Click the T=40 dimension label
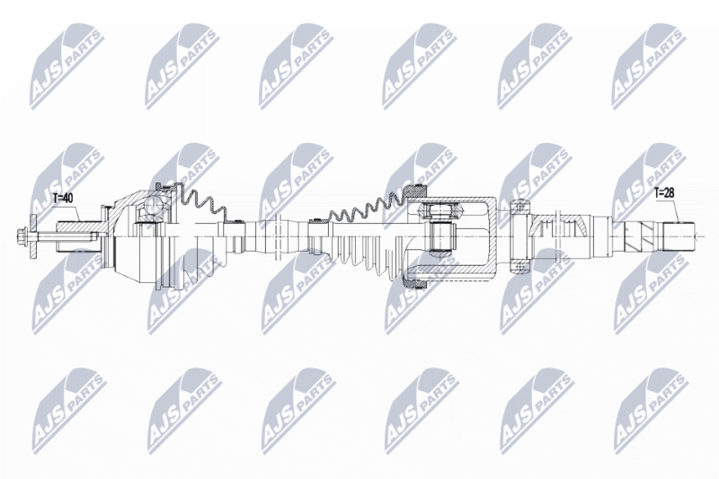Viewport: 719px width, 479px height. (x=63, y=198)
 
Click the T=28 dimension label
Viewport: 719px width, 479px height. (x=664, y=193)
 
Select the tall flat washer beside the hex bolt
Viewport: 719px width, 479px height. (x=32, y=237)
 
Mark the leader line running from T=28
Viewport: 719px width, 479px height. (x=678, y=210)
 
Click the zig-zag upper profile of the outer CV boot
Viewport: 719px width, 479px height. (x=200, y=200)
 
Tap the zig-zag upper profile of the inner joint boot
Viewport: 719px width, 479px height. (x=366, y=207)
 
